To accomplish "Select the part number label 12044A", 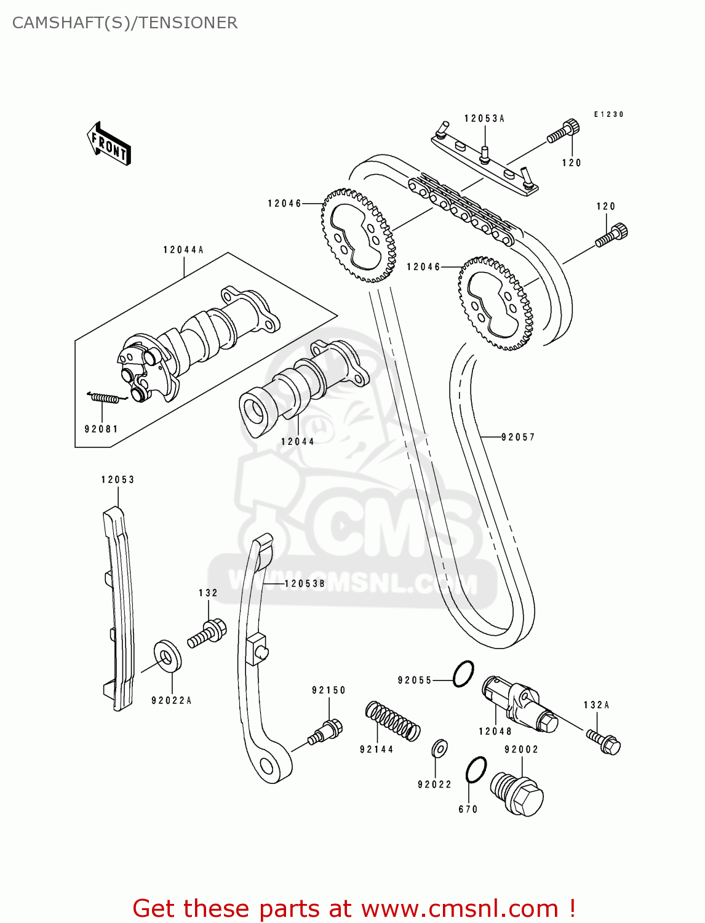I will [183, 250].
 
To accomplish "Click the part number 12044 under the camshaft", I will [298, 442].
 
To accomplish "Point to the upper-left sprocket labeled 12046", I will [357, 236].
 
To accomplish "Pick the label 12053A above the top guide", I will [484, 119].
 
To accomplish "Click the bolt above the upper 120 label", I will [563, 132].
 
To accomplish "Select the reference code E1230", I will [608, 114].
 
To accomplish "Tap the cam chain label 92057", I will [518, 438].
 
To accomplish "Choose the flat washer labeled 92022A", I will [167, 657].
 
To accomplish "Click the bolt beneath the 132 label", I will [207, 634].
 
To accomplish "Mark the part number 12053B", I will [305, 583].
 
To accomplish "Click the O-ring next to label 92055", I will [463, 674].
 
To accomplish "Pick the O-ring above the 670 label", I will [476, 769].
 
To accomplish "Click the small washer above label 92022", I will [439, 748].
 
